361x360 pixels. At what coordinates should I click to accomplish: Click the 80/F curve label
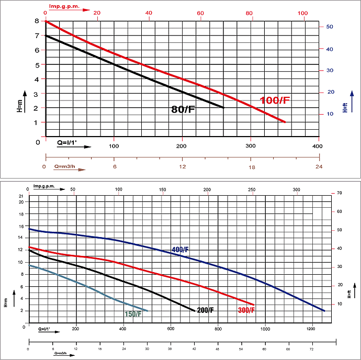click(x=183, y=110)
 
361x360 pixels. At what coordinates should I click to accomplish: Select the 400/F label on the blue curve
click(x=180, y=250)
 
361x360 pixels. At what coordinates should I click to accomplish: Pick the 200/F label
click(x=205, y=310)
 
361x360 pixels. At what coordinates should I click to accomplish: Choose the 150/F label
click(x=132, y=314)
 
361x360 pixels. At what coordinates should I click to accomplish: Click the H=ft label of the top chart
click(x=345, y=107)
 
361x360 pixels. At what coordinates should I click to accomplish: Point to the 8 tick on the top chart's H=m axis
click(x=37, y=21)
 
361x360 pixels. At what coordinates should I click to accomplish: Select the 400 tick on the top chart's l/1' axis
click(x=317, y=146)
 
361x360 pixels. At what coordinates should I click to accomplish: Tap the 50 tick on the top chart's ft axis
click(x=331, y=27)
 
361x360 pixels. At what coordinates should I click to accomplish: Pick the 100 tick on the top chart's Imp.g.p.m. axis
click(x=302, y=13)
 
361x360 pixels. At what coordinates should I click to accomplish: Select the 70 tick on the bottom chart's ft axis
click(x=340, y=194)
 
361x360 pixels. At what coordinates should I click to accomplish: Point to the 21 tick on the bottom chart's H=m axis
click(x=21, y=196)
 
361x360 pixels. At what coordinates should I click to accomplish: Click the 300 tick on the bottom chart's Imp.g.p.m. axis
click(x=297, y=189)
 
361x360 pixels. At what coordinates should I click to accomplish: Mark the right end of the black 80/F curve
click(x=223, y=107)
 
